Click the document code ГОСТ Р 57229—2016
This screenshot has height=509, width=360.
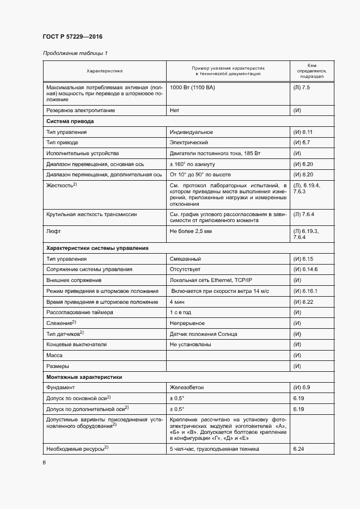[72, 36]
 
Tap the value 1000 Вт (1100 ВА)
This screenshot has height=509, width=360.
[192, 87]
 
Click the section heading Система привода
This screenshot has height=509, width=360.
[70, 121]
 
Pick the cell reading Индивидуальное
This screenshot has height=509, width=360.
[191, 132]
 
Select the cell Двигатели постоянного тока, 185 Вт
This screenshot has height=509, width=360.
[215, 154]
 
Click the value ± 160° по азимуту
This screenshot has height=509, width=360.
[193, 164]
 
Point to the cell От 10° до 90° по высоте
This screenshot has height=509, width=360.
[200, 175]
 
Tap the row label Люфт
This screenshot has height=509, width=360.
[53, 231]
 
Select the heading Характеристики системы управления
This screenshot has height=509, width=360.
[97, 248]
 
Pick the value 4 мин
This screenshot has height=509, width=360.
[177, 302]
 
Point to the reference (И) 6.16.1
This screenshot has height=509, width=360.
[305, 291]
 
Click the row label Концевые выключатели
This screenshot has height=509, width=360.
[76, 345]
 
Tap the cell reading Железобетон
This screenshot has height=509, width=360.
[188, 387]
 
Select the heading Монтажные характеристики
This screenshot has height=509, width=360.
[84, 377]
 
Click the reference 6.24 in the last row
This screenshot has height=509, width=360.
[298, 449]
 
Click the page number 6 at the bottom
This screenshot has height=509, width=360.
[44, 462]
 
